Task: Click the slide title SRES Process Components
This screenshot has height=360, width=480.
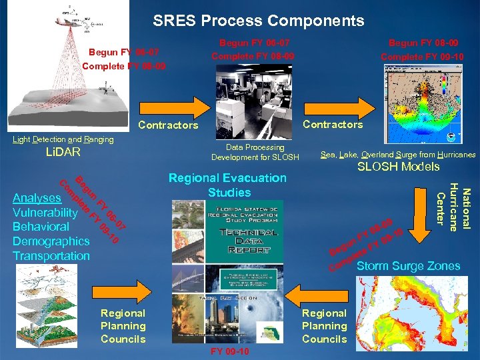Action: pos(258,21)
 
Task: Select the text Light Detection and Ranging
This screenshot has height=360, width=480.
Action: pos(63,139)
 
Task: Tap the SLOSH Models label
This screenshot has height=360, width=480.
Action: pos(399,167)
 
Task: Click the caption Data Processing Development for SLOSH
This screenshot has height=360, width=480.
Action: pos(255,152)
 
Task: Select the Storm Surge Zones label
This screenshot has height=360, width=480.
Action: pos(408,266)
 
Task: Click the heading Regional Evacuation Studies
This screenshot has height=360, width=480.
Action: pos(227,185)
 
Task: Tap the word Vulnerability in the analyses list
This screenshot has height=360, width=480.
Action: pos(45,212)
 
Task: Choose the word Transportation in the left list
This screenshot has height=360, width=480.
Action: pos(51,256)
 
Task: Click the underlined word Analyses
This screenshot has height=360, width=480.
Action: pos(37,198)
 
